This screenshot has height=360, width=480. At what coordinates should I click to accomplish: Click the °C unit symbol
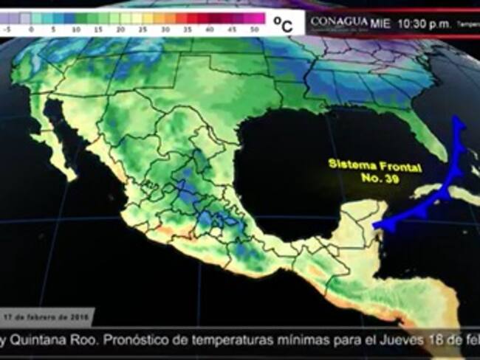(283, 24)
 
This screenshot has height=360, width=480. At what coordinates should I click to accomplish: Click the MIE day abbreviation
(380, 24)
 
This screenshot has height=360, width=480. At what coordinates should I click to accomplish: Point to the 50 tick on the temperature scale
(255, 30)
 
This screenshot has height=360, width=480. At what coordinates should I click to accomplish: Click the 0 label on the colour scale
(31, 30)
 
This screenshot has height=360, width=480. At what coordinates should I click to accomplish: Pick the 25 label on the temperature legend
(143, 30)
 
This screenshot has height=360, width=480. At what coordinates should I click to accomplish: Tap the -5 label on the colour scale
(8, 30)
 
